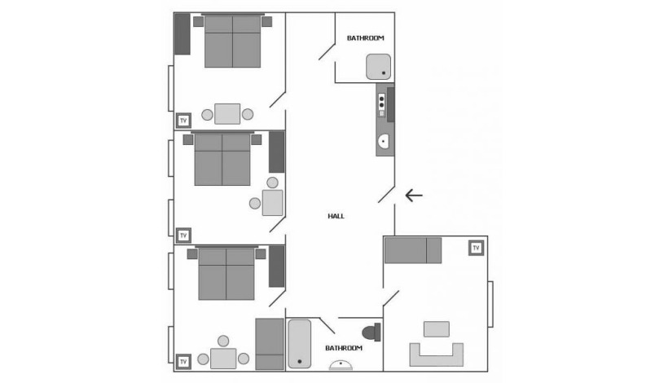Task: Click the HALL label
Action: point(336,216)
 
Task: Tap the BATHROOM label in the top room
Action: point(365,38)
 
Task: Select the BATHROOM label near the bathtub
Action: point(343,348)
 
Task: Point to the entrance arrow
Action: point(414,195)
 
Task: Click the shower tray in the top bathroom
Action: point(378,67)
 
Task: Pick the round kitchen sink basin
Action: point(383,142)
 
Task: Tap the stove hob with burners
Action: point(381,105)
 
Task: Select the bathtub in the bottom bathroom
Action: point(300,343)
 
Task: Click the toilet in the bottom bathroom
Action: point(372,332)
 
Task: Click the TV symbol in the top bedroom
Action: point(183,121)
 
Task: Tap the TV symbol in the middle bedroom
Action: point(183,236)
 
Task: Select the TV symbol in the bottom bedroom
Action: point(183,361)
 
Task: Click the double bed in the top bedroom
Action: point(232,42)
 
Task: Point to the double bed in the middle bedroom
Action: point(222,160)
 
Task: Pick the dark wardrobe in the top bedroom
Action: point(182,34)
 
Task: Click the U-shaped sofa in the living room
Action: point(436,354)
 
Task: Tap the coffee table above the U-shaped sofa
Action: point(436,329)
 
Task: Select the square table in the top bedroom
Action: point(227,114)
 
